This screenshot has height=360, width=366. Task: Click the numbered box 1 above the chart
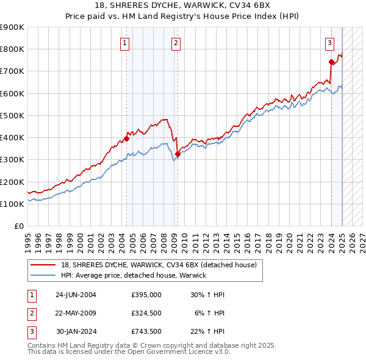(124, 43)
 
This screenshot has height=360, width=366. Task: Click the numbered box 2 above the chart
(175, 43)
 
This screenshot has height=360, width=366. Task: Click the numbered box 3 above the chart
(329, 43)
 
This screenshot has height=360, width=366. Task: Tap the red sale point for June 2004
(127, 139)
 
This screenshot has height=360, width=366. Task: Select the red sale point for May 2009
(178, 154)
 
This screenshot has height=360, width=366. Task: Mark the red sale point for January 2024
(331, 62)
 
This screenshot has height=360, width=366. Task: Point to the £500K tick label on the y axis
(12, 115)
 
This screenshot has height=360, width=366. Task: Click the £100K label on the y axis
(12, 204)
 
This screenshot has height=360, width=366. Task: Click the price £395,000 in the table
(146, 294)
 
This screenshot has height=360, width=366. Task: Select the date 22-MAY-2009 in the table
(75, 313)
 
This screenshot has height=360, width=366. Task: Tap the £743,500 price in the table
(146, 332)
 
